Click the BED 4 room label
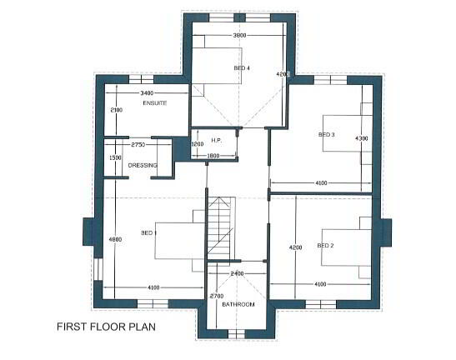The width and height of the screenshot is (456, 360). click(x=242, y=68)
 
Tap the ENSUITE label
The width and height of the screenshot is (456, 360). click(x=155, y=103)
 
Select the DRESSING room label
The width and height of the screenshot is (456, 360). click(x=143, y=165)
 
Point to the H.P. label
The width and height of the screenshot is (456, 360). click(x=217, y=140)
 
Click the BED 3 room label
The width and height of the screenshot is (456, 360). click(x=326, y=135)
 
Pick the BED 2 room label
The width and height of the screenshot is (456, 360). click(x=325, y=246)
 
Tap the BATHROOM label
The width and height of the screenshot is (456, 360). click(x=238, y=304)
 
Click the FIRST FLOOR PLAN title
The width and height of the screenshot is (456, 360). click(x=106, y=327)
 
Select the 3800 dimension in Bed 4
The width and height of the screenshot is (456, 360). click(x=239, y=36)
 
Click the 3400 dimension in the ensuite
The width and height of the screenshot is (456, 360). click(x=147, y=93)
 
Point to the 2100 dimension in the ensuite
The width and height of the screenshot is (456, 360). click(x=117, y=110)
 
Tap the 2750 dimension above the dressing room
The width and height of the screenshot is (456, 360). click(x=138, y=144)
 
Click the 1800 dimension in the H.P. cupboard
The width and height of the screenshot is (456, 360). click(x=213, y=156)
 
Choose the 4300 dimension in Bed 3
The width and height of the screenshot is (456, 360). click(x=362, y=138)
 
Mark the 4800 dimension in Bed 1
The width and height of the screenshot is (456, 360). click(x=115, y=240)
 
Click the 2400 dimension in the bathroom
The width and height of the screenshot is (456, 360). click(x=237, y=273)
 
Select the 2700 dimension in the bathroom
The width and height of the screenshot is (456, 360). click(x=217, y=296)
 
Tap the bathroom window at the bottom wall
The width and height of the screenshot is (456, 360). click(x=237, y=334)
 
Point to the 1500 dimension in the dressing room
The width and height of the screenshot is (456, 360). click(x=115, y=157)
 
